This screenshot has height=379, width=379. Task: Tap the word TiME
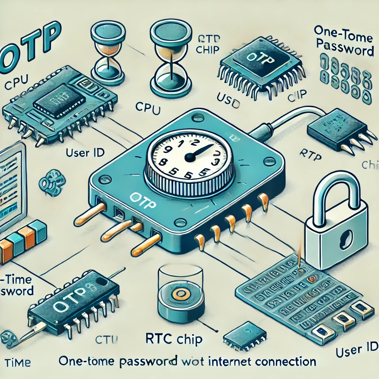[16, 362]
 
